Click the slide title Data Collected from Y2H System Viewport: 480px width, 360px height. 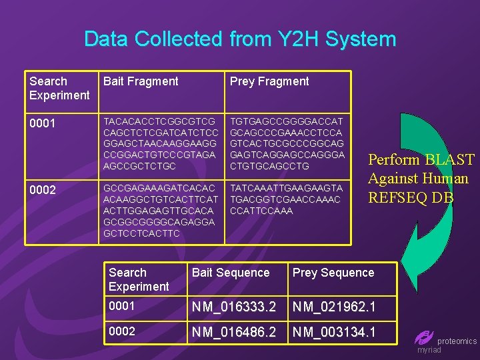click(240, 39)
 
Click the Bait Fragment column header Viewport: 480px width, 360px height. click(140, 81)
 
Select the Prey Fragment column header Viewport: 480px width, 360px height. click(269, 81)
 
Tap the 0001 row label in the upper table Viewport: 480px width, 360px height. click(43, 124)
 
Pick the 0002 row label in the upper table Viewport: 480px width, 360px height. click(43, 190)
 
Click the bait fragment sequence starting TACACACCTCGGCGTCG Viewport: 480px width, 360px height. click(160, 143)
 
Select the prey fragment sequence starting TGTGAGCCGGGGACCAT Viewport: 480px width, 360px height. click(287, 143)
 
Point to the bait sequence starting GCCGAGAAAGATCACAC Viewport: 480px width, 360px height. click(160, 211)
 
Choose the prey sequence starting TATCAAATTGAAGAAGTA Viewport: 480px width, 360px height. click(286, 199)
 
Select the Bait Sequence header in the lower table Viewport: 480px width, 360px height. click(231, 273)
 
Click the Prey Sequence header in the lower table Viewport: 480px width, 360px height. click(333, 273)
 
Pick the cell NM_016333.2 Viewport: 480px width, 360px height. click(234, 307)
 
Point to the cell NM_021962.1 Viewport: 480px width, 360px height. click(335, 307)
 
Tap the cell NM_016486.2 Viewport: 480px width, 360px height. click(234, 331)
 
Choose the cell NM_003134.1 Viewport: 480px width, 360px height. click(335, 331)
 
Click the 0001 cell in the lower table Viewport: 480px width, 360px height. click(122, 306)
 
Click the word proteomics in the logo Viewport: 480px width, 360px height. click(457, 341)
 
